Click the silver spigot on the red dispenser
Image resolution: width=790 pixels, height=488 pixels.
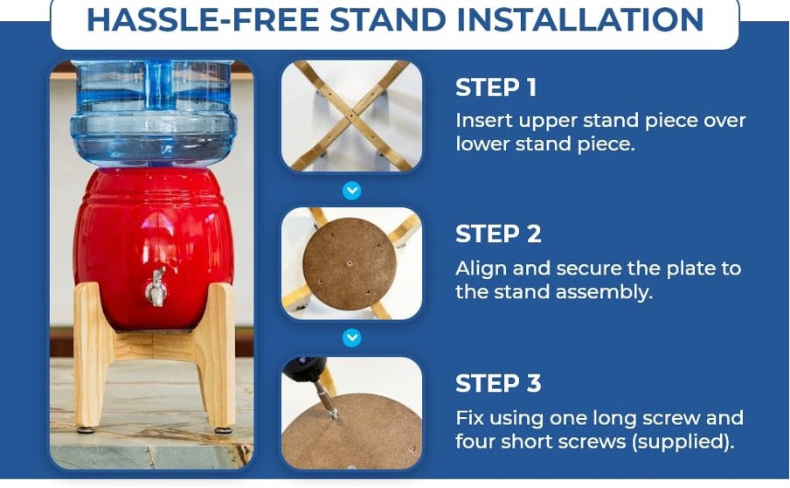156,288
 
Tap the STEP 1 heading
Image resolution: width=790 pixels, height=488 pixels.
495,87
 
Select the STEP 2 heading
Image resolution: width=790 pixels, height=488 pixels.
498,234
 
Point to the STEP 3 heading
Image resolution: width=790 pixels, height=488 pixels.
498,383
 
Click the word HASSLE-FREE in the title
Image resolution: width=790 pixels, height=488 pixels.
203,19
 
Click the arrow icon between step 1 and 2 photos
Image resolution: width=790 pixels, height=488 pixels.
351,191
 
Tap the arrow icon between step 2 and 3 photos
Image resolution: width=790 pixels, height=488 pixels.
351,338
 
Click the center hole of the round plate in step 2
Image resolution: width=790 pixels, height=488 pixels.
350,263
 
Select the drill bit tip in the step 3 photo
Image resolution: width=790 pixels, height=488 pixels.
334,415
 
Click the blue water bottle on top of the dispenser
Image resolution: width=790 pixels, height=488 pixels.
153,113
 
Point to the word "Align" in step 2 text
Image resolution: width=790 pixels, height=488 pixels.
480,269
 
